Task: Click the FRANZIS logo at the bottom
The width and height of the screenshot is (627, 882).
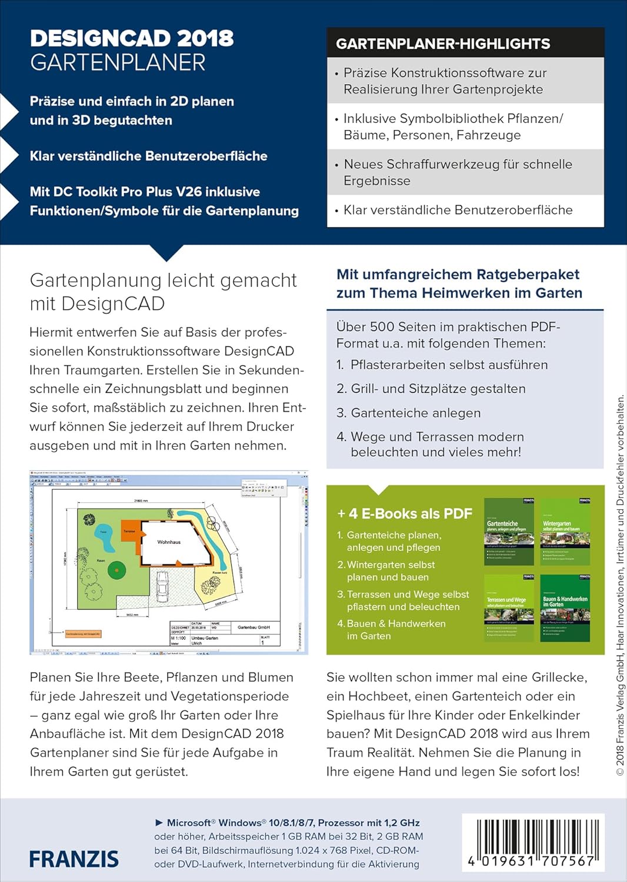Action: [74, 859]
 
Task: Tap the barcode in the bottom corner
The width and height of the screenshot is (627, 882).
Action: [532, 842]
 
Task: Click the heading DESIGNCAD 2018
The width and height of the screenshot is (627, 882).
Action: [132, 39]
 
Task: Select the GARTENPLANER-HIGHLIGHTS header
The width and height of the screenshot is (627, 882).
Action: [443, 44]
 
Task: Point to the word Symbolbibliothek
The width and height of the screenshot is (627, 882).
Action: [423, 118]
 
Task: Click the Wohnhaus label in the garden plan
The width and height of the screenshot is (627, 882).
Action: [169, 542]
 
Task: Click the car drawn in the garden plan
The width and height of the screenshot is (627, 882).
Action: [162, 584]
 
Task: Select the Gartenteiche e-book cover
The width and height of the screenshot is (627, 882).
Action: [509, 532]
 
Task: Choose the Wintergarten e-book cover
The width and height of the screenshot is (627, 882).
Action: [565, 532]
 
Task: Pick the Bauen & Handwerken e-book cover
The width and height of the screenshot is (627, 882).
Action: [565, 608]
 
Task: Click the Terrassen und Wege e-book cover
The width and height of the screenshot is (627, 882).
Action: [509, 608]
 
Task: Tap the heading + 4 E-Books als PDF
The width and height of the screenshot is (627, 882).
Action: [405, 513]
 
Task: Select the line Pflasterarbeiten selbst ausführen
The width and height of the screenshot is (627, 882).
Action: [449, 365]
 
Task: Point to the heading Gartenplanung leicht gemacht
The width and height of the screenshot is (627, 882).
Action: [163, 280]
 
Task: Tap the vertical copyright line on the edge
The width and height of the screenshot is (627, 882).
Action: [620, 585]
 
